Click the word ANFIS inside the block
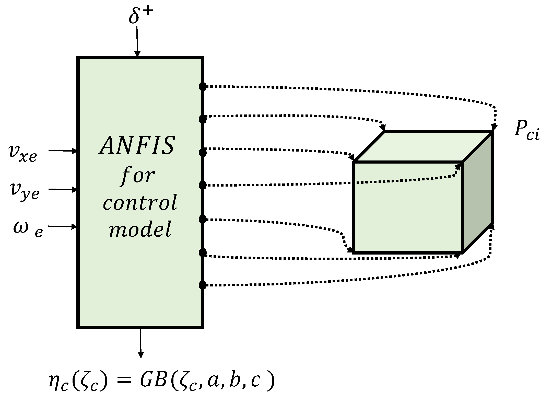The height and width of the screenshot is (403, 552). tap(137, 146)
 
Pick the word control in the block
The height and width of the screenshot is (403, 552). tap(140, 202)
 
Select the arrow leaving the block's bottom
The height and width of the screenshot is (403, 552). tap(140, 342)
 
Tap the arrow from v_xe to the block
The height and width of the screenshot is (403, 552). tap(63, 151)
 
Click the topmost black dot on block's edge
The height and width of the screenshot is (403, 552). tap(202, 87)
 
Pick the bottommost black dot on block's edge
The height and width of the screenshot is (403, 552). tap(202, 285)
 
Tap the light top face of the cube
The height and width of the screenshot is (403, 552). tap(423, 147)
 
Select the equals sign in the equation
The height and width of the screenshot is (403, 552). tap(123, 383)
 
